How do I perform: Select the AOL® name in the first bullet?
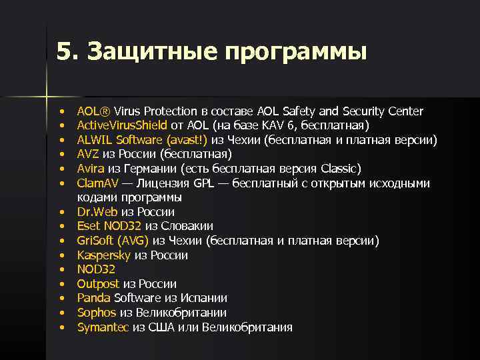coord(93,111)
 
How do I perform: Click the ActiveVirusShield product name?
coord(122,125)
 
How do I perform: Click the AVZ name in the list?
coord(88,154)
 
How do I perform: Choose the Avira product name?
coord(90,169)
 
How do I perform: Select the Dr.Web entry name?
coord(97,212)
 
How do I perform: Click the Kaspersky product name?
coord(104,255)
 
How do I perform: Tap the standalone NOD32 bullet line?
coord(96,270)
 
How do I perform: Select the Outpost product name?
coord(98,284)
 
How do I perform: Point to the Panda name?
coord(93,299)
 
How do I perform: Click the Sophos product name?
coord(97,313)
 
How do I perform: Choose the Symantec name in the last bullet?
coord(103,327)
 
